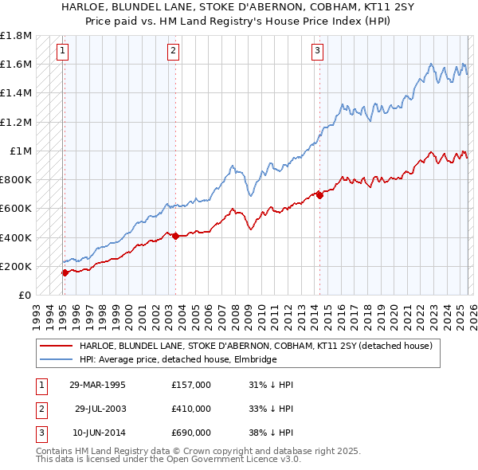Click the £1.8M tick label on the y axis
(x=16, y=36)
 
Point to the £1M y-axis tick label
(x=21, y=151)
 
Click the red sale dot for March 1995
(x=65, y=272)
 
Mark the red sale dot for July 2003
(x=174, y=236)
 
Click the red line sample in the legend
(x=57, y=347)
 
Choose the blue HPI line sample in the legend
(x=57, y=360)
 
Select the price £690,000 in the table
(x=191, y=433)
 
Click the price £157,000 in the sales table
(x=191, y=385)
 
